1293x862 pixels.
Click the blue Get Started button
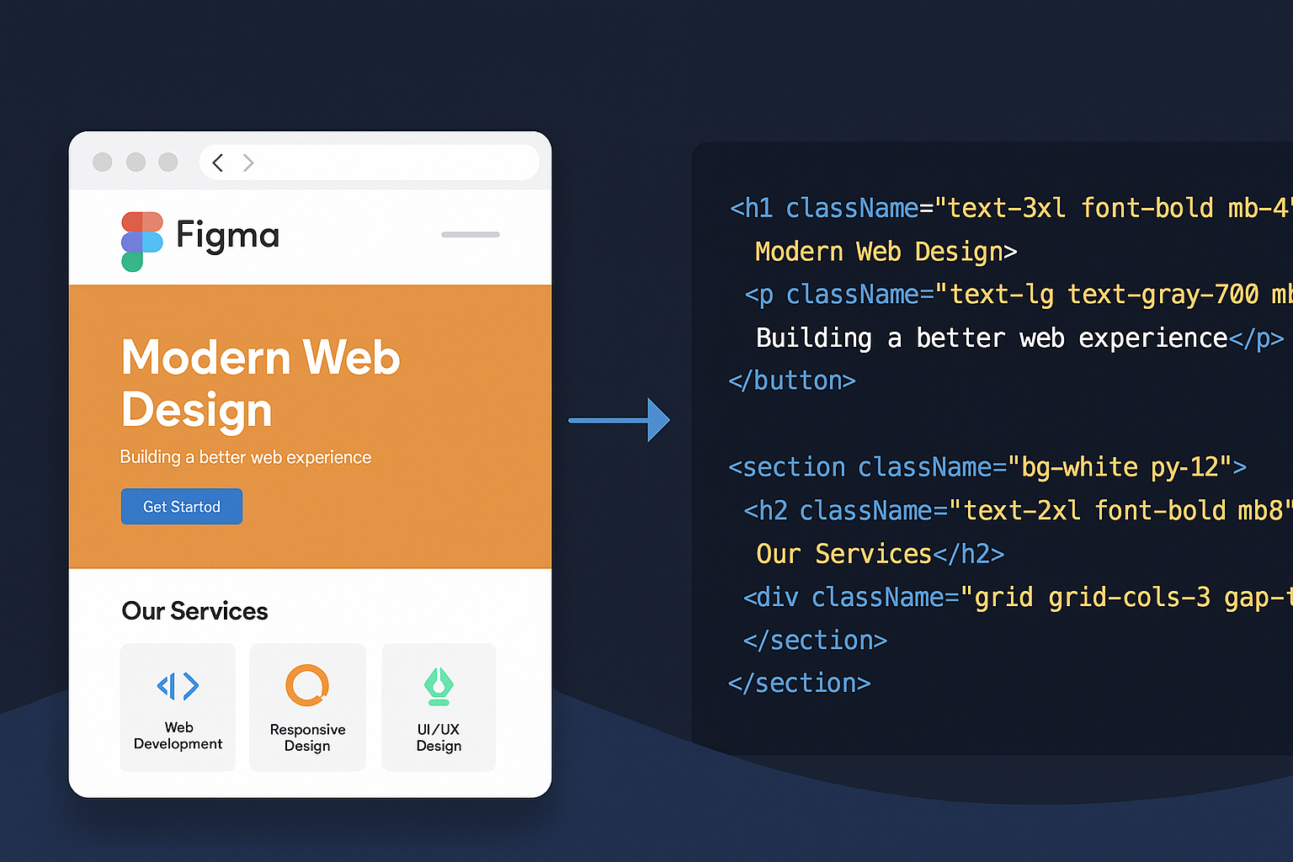[x=181, y=507]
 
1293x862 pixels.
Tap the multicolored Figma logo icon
[x=142, y=242]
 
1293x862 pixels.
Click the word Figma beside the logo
[x=227, y=236]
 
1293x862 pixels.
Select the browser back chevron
[x=218, y=162]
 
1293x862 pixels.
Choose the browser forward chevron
[x=248, y=162]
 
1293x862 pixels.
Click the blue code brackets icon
[x=178, y=686]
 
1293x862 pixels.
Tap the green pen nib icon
[x=439, y=686]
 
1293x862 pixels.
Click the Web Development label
[x=178, y=735]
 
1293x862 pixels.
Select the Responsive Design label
[x=307, y=737]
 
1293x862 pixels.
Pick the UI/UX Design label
[x=439, y=737]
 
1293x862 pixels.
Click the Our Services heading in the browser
[x=194, y=611]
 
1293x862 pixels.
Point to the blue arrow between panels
[x=619, y=420]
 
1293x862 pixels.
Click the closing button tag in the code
[x=792, y=380]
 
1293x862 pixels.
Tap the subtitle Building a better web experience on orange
[x=245, y=457]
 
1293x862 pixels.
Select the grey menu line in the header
[x=471, y=234]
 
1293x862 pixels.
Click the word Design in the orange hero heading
[x=197, y=410]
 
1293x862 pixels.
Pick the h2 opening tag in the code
[x=766, y=511]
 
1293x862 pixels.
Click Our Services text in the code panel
[x=844, y=554]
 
